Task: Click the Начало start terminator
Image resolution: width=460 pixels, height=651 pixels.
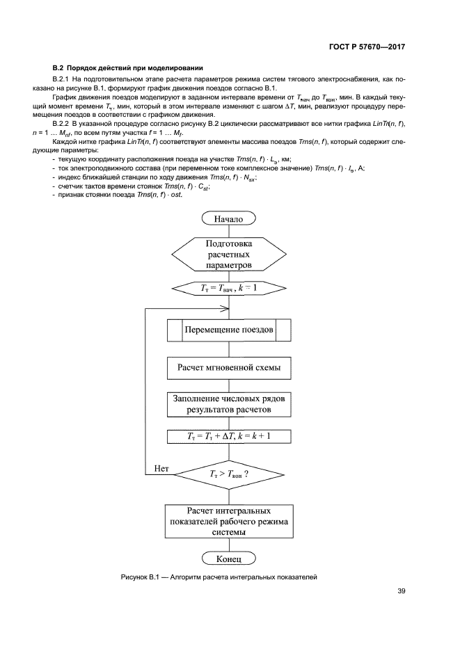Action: click(229, 219)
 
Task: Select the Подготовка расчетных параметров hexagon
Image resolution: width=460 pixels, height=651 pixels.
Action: click(229, 255)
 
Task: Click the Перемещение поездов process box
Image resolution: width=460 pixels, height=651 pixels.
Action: click(229, 329)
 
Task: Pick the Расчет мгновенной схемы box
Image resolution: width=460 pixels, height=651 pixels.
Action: click(229, 367)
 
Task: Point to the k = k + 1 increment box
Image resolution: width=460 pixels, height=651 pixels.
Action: click(229, 436)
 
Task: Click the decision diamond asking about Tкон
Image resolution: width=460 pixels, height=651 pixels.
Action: click(229, 474)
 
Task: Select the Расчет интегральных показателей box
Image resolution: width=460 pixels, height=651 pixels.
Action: click(229, 520)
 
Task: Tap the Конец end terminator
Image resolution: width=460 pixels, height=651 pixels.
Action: click(229, 558)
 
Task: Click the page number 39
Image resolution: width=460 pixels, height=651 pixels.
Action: click(401, 592)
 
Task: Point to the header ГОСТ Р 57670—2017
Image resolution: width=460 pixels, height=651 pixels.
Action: click(367, 48)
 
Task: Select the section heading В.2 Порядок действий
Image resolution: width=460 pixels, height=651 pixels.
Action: click(127, 68)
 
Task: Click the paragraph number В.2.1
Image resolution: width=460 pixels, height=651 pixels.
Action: click(63, 80)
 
